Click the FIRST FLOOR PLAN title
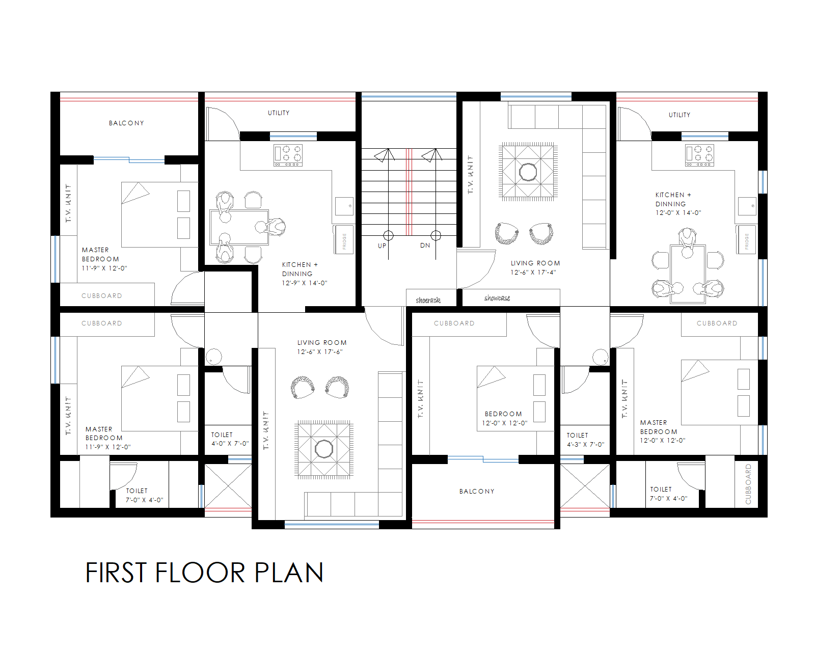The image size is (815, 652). [x=204, y=573]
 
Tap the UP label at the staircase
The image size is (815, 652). [x=382, y=246]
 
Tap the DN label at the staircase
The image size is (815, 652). [x=425, y=246]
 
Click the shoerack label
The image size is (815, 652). [x=428, y=300]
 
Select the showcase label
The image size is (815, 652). [x=497, y=298]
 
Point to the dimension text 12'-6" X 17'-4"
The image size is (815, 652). [x=533, y=273]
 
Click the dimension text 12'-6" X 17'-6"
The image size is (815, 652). [x=320, y=352]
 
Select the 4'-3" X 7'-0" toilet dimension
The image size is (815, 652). [x=585, y=445]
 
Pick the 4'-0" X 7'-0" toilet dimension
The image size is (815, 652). [x=230, y=444]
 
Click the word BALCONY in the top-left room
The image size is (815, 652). [x=126, y=123]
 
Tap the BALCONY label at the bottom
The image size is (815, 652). [x=477, y=492]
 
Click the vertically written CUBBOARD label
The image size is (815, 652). [x=748, y=484]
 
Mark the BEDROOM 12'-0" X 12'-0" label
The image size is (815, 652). [x=504, y=418]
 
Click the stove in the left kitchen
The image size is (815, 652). [x=288, y=155]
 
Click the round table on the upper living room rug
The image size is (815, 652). [x=528, y=172]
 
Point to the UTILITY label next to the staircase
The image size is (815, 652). [x=279, y=113]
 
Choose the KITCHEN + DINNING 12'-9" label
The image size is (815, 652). [x=304, y=274]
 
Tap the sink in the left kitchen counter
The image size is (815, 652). [x=344, y=206]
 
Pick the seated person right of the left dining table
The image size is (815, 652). [x=275, y=227]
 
